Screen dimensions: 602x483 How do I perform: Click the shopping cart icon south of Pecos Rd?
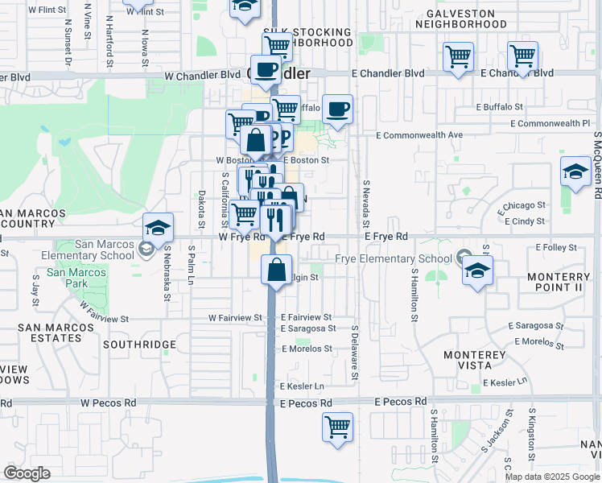[337, 427]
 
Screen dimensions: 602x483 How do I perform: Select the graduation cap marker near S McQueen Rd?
[575, 172]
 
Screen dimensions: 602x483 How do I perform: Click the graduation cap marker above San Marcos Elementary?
[158, 228]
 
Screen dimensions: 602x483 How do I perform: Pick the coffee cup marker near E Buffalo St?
[338, 109]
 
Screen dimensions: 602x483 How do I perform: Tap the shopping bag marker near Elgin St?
[276, 270]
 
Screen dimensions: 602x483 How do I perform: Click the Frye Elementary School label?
[393, 258]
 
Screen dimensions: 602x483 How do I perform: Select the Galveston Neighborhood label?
[461, 19]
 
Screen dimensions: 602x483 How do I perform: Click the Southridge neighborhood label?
[139, 345]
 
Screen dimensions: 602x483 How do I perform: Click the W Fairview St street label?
[235, 318]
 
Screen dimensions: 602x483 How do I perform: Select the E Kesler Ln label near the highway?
[303, 387]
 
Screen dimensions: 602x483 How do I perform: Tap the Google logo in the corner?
[27, 473]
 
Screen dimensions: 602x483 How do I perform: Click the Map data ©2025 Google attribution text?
[552, 477]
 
